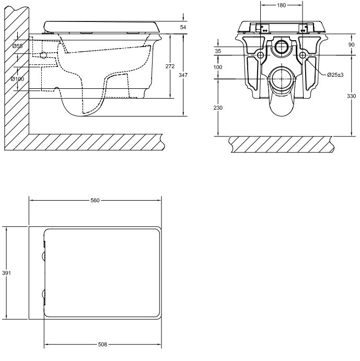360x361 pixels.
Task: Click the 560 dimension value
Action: tap(95, 200)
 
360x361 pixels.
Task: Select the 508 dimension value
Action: tap(102, 344)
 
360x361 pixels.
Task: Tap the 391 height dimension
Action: tap(6, 273)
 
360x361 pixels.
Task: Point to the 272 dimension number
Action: tap(170, 66)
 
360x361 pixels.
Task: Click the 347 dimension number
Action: tap(183, 75)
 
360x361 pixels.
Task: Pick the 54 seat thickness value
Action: tap(183, 27)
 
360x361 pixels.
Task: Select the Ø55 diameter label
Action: tap(18, 46)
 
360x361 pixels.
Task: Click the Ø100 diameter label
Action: tap(18, 79)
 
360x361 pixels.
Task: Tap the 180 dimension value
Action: tap(281, 5)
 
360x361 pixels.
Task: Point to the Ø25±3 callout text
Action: tap(335, 75)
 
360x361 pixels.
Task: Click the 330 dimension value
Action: tap(352, 96)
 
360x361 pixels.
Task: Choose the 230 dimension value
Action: tap(218, 108)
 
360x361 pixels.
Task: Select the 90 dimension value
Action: tap(352, 44)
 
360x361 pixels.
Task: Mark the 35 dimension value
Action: tap(218, 51)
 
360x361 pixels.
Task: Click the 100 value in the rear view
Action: tap(218, 67)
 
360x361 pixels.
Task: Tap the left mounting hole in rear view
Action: tap(261, 55)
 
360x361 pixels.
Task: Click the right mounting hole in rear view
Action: tap(303, 55)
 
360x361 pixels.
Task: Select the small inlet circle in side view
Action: tap(43, 55)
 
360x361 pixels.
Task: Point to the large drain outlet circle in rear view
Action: tap(282, 79)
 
